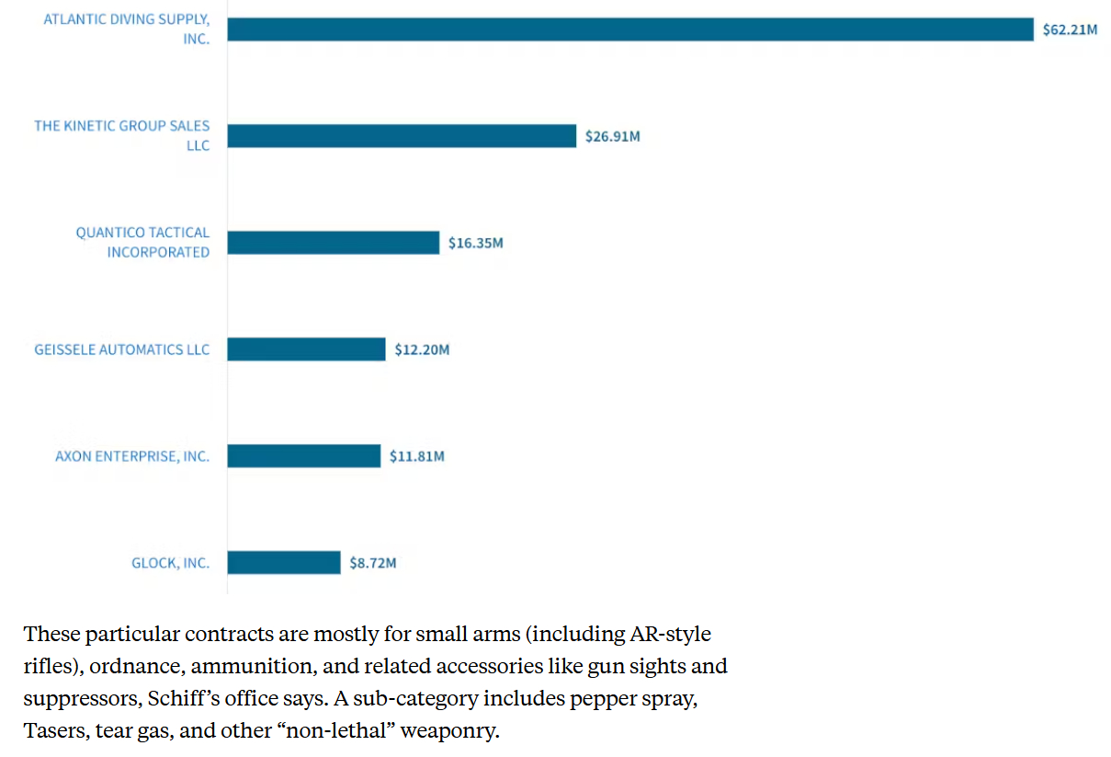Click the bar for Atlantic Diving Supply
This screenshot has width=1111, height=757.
click(630, 29)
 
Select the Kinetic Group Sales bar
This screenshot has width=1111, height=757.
click(402, 136)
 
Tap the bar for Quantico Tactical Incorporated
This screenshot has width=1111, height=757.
click(333, 243)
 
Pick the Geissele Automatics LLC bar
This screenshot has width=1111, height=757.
click(306, 350)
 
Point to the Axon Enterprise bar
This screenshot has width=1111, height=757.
click(303, 456)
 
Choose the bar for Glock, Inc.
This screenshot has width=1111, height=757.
click(284, 562)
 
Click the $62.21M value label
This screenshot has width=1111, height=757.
click(1070, 30)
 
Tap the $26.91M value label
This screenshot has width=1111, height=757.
click(613, 137)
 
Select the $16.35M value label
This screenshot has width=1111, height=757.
click(476, 244)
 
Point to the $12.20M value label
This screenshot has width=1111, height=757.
click(422, 350)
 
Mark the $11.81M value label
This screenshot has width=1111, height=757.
click(416, 457)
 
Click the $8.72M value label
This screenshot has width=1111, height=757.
click(373, 563)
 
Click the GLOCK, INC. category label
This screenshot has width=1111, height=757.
click(170, 563)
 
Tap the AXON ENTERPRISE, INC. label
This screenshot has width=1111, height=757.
click(132, 456)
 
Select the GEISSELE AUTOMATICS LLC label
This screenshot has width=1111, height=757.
click(122, 350)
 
